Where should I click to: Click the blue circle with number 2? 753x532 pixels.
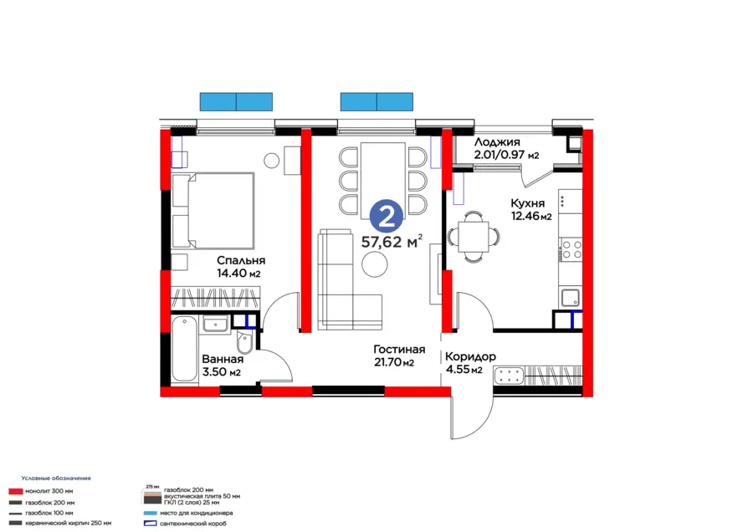386,216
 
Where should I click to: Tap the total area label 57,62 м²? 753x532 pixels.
391,243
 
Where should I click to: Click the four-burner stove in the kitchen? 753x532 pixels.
571,248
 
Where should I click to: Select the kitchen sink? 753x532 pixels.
571,297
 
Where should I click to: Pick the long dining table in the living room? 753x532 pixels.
383,178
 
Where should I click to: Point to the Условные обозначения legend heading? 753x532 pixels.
56,478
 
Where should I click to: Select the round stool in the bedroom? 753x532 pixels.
272,160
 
